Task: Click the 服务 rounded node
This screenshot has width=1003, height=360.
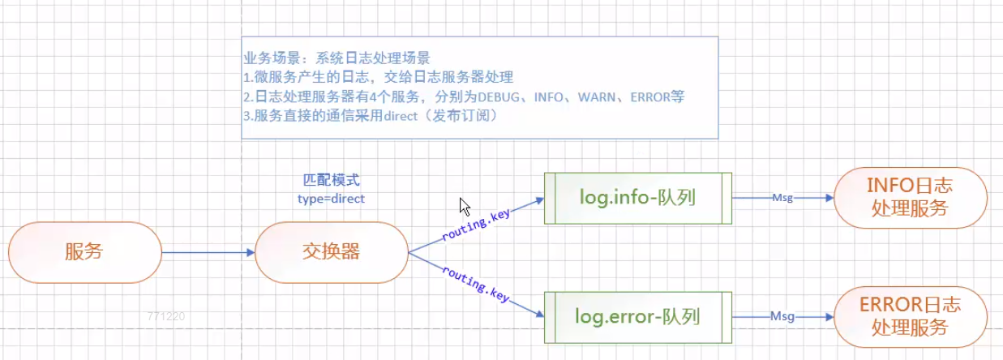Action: tap(84, 252)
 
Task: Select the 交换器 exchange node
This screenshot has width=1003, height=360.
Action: tap(331, 252)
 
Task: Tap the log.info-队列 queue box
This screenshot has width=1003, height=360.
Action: tap(637, 197)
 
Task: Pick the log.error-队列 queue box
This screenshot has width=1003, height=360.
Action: tap(637, 316)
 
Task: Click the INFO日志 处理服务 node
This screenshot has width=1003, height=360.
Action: tap(910, 197)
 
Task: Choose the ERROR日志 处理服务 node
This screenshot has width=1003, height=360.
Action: tap(910, 316)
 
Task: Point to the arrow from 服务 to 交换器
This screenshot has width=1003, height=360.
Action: tap(208, 252)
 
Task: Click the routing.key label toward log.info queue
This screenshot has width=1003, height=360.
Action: tap(477, 224)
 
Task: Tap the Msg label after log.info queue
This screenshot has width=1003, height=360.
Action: tap(782, 197)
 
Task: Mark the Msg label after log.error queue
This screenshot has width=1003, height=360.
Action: tap(782, 316)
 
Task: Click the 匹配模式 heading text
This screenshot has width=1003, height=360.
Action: tap(331, 180)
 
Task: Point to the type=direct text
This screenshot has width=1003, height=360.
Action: tap(331, 198)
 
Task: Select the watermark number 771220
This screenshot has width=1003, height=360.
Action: tap(166, 316)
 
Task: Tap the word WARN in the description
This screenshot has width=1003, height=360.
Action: tap(598, 96)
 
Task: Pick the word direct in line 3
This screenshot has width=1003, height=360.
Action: tap(392, 115)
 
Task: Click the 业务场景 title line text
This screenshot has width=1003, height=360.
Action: tap(336, 58)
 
